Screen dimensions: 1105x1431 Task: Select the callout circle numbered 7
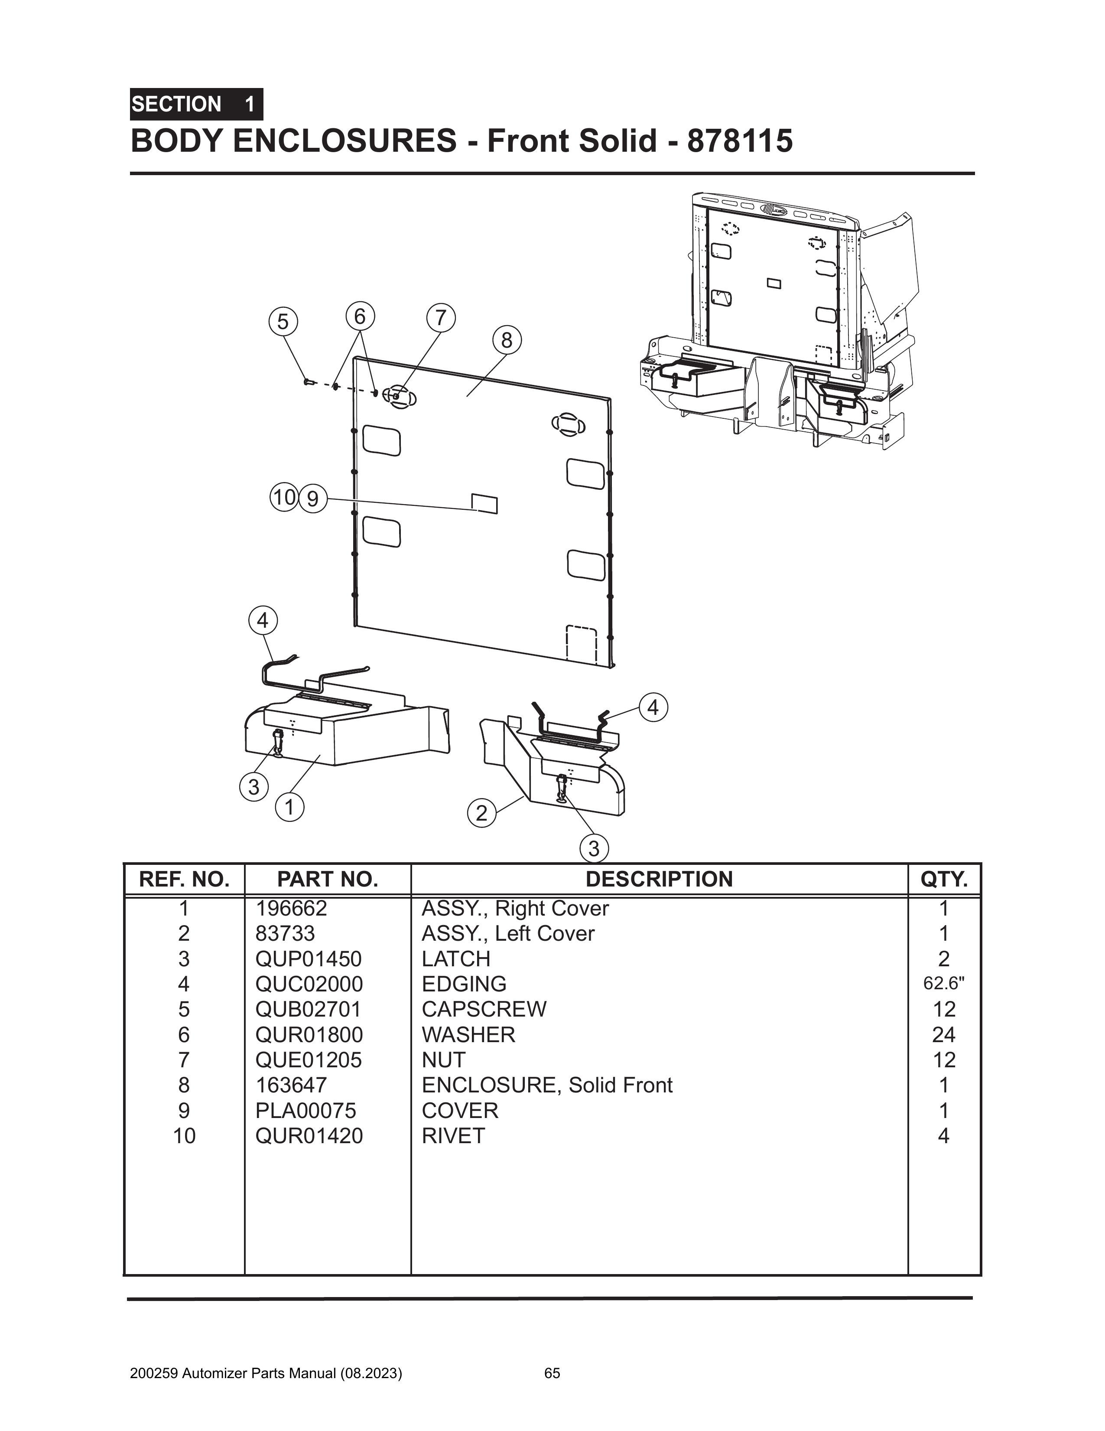pos(441,318)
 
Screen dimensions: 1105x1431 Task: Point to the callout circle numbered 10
pos(284,497)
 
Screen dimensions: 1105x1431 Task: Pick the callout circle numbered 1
pos(289,807)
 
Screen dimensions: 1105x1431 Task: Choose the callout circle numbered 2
pos(481,814)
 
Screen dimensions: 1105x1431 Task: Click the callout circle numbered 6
pos(360,316)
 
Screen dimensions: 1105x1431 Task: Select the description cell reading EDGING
pos(464,984)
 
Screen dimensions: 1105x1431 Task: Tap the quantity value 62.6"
pos(944,984)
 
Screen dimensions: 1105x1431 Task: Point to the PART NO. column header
pos(328,879)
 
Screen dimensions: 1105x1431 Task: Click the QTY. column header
pos(944,879)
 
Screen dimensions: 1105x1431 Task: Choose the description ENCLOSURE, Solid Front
pos(547,1085)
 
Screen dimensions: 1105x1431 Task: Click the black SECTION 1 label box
pos(196,104)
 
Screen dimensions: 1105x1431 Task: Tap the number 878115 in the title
pos(740,141)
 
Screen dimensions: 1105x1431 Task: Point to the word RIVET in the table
pos(453,1135)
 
